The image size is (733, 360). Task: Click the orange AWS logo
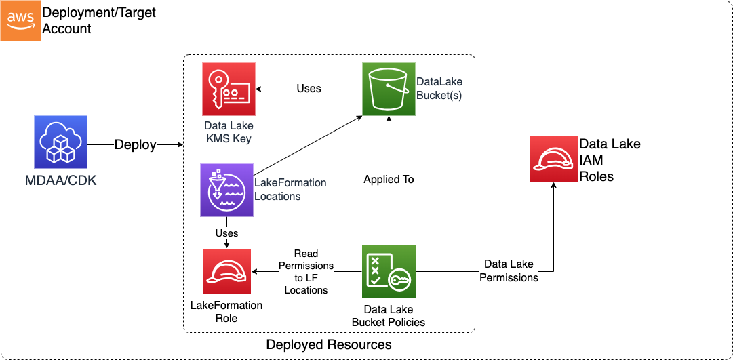pos(20,20)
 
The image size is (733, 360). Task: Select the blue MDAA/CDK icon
pos(60,142)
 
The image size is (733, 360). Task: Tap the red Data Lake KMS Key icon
pos(229,89)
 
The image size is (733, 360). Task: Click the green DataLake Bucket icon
pos(388,89)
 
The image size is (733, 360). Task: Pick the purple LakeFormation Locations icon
pos(226,190)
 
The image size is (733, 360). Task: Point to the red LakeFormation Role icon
pos(226,272)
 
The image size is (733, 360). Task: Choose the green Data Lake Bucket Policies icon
pos(389,272)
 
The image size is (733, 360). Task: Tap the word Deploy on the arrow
pos(135,144)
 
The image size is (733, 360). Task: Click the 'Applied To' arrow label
pos(389,180)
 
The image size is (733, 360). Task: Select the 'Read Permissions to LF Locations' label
pos(306,272)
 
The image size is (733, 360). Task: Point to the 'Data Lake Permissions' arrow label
pos(509,271)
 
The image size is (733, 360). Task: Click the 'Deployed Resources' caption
pos(329,344)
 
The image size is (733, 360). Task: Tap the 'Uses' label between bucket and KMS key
pos(309,89)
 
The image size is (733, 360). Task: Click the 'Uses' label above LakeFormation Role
pos(226,233)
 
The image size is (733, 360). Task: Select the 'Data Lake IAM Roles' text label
pos(609,160)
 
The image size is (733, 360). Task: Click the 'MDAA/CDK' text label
pos(61,181)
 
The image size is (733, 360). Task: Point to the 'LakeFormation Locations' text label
pos(290,189)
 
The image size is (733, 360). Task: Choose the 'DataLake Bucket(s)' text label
pos(439,89)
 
